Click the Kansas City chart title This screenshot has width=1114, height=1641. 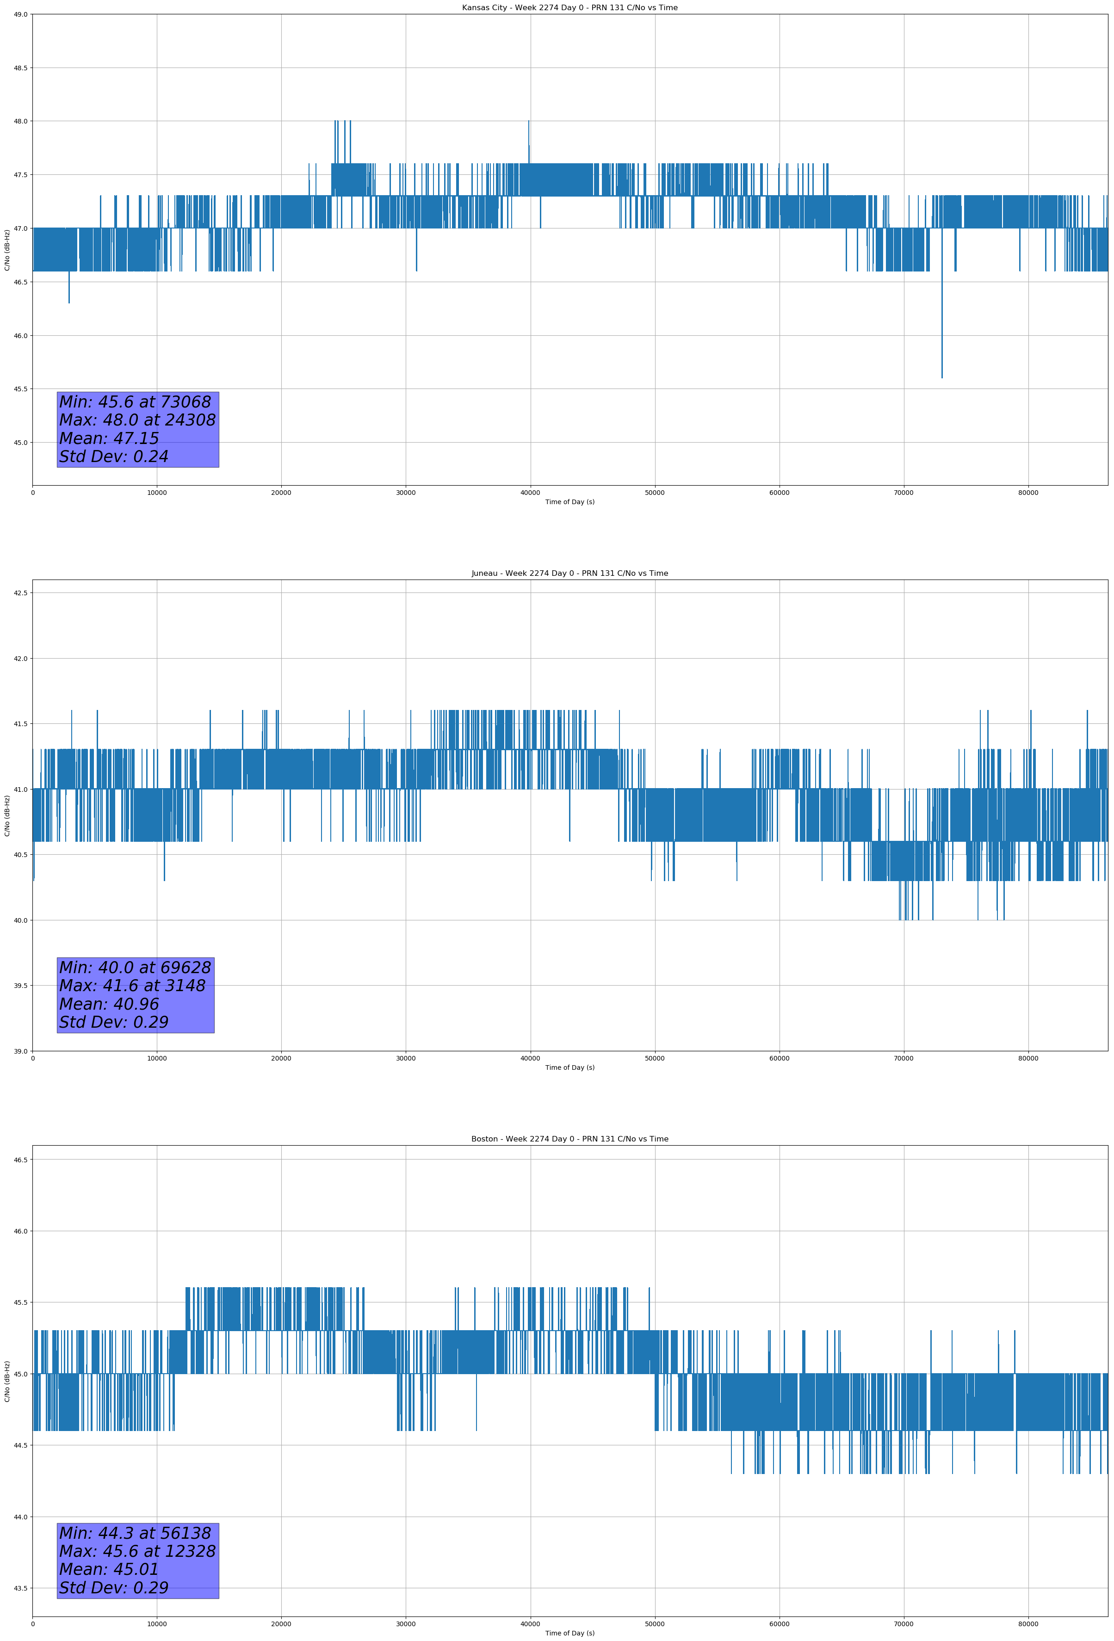(x=569, y=8)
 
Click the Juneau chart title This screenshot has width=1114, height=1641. (x=569, y=574)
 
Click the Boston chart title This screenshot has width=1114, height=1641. (x=569, y=1139)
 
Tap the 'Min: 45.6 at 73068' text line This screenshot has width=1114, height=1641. (x=135, y=402)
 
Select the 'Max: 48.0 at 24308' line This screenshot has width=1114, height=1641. (x=137, y=420)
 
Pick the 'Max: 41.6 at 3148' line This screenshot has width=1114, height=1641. (x=132, y=986)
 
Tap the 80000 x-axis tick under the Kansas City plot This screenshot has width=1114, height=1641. (x=1028, y=493)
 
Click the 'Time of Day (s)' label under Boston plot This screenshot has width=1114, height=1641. (x=569, y=1633)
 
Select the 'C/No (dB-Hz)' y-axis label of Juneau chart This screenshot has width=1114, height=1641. (x=7, y=815)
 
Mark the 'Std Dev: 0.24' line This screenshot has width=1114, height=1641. (x=114, y=457)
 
